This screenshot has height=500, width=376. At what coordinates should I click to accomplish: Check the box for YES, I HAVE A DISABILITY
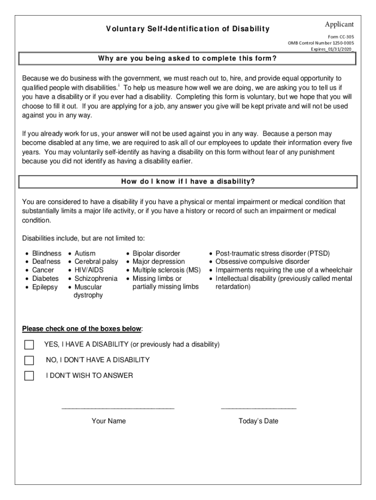tap(29, 345)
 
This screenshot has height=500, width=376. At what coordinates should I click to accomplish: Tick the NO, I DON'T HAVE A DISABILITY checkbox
tap(29, 360)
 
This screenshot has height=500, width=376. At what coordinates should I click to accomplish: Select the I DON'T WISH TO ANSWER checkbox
tap(29, 376)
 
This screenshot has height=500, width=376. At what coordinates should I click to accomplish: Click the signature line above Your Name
tap(118, 406)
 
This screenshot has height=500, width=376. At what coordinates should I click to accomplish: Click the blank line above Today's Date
tap(258, 406)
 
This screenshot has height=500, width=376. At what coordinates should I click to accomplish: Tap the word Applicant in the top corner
tap(339, 24)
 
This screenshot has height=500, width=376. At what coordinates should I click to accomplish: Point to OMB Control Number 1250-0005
tap(321, 43)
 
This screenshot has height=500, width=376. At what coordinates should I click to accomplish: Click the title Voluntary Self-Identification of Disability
tap(188, 29)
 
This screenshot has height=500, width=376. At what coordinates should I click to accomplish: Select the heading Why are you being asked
tap(188, 59)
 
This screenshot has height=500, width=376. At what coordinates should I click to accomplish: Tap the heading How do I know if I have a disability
tap(188, 182)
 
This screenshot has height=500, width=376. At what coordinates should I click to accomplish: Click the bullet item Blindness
tap(46, 253)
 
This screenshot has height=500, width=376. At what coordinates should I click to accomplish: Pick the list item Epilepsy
tap(44, 287)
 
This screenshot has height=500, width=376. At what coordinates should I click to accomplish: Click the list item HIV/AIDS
tap(89, 270)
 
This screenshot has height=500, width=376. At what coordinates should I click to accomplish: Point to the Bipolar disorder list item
tap(156, 253)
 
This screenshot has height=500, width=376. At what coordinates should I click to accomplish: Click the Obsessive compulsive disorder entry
tap(263, 262)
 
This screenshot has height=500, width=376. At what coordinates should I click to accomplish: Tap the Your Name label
tap(108, 421)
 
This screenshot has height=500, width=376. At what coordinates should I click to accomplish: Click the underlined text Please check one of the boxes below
tap(82, 328)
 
